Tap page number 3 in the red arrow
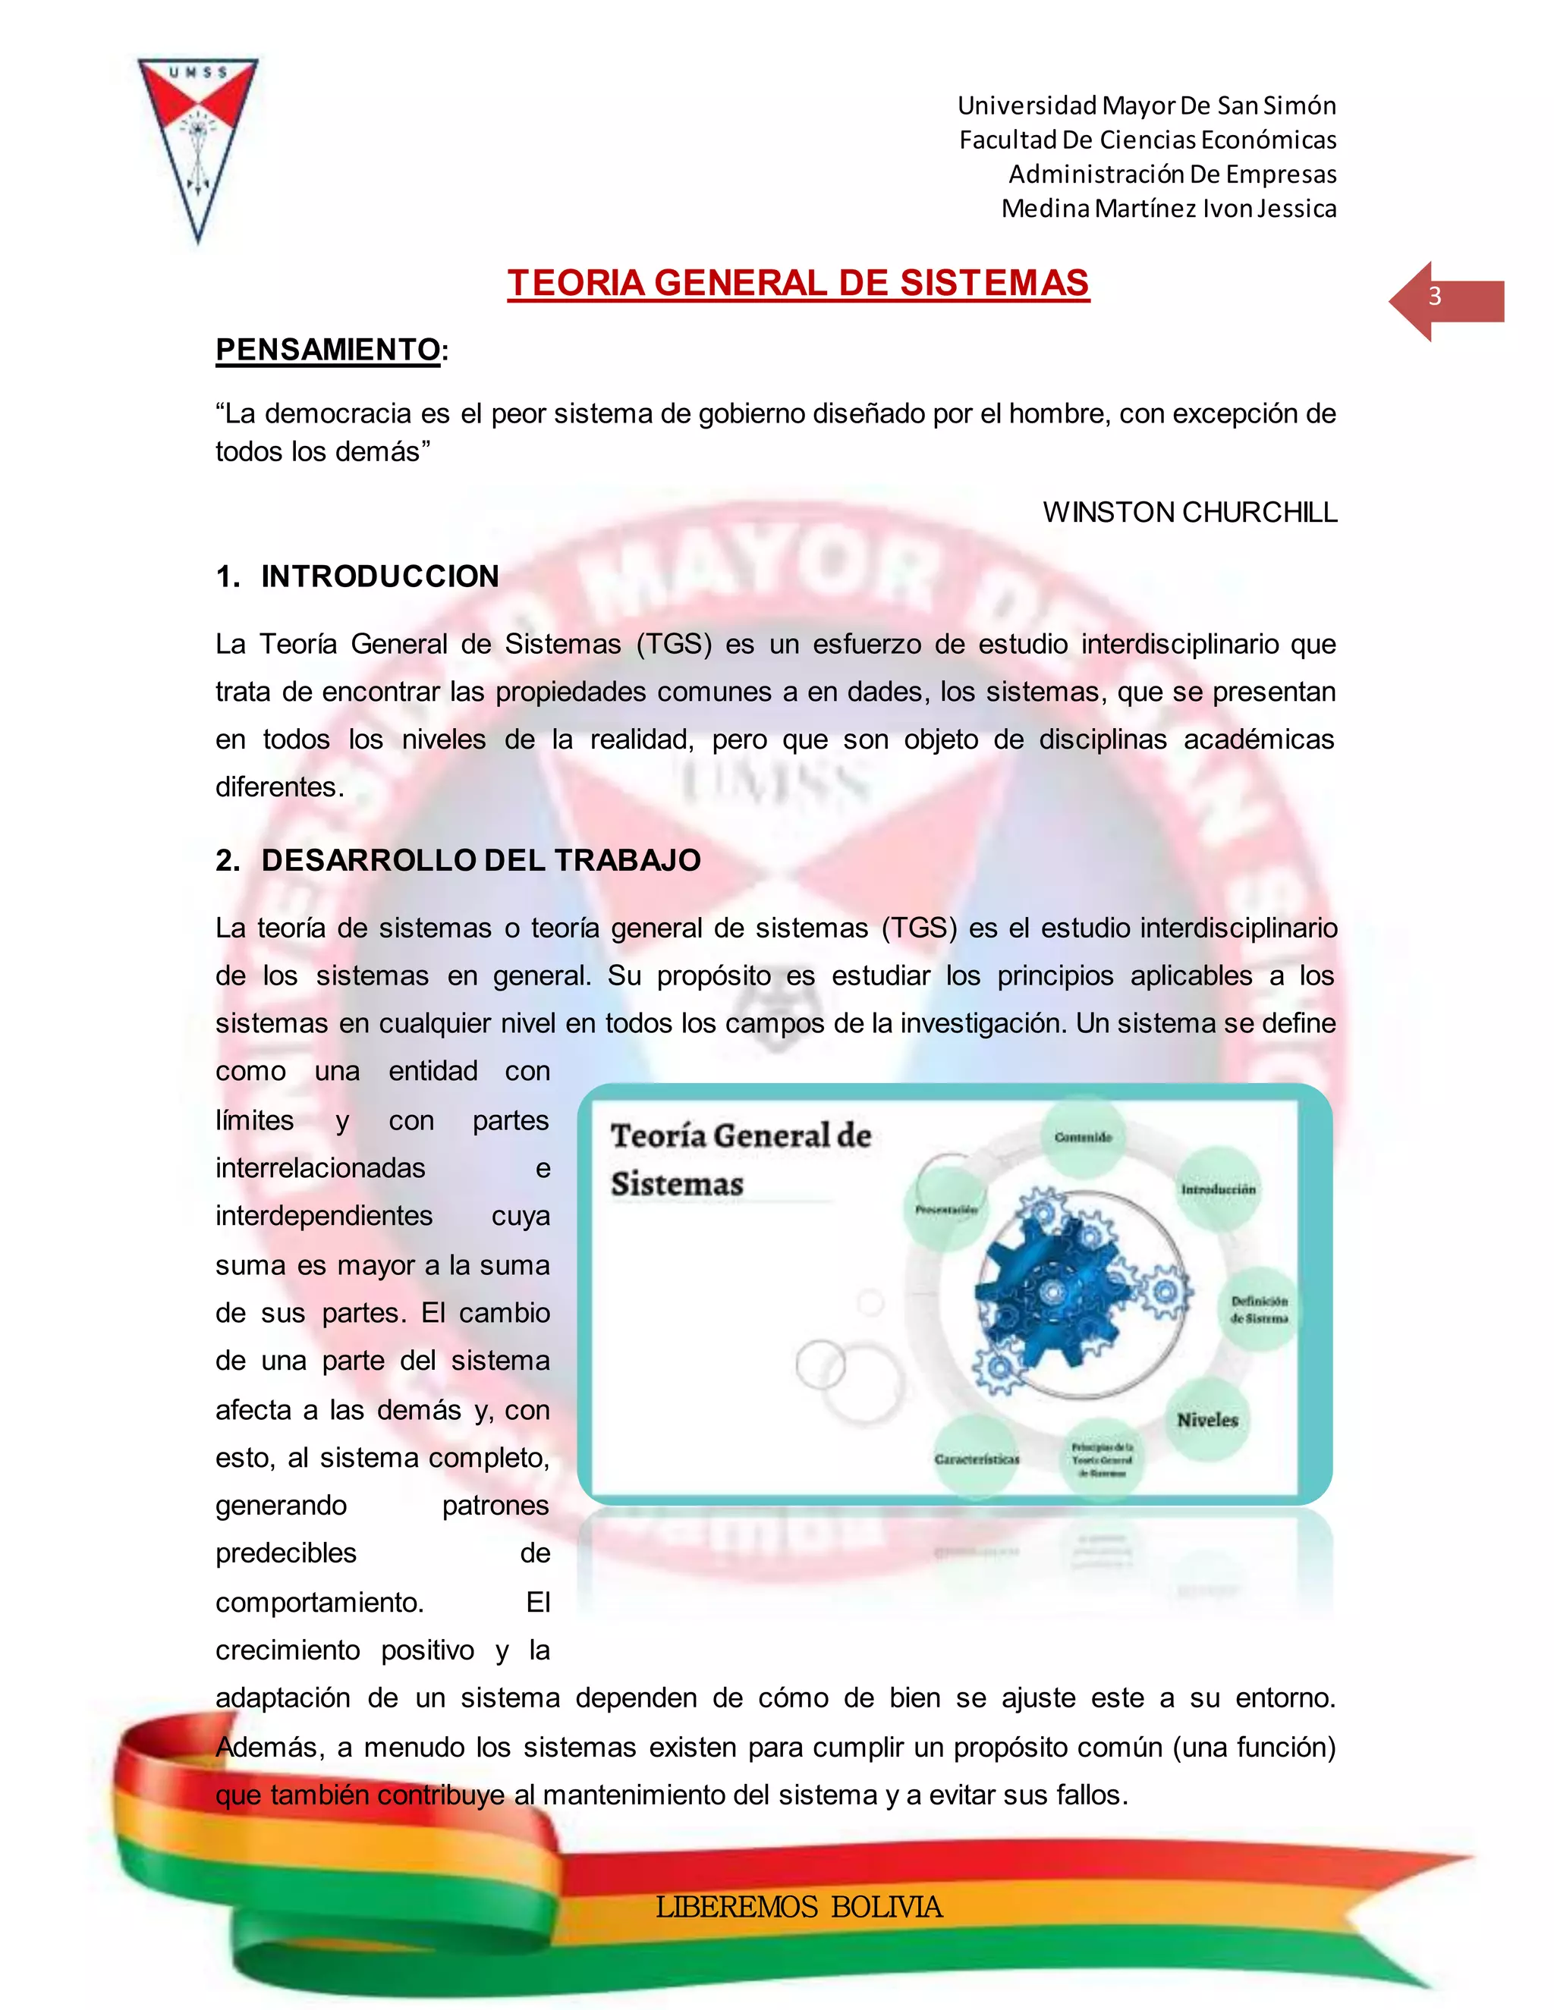coord(1434,297)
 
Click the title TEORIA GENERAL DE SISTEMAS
coord(798,284)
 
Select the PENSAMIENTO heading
coord(328,350)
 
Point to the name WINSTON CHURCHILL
coord(1190,513)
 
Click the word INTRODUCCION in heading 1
coord(379,577)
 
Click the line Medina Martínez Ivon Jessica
coord(1169,209)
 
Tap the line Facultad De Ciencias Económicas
coord(1147,140)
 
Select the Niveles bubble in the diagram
coord(1207,1420)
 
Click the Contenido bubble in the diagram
coord(1084,1138)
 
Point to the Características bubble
coord(977,1459)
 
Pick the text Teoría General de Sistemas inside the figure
coord(740,1160)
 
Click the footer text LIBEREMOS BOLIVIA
coord(798,1907)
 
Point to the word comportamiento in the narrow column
coord(319,1602)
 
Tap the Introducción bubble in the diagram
coord(1218,1190)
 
